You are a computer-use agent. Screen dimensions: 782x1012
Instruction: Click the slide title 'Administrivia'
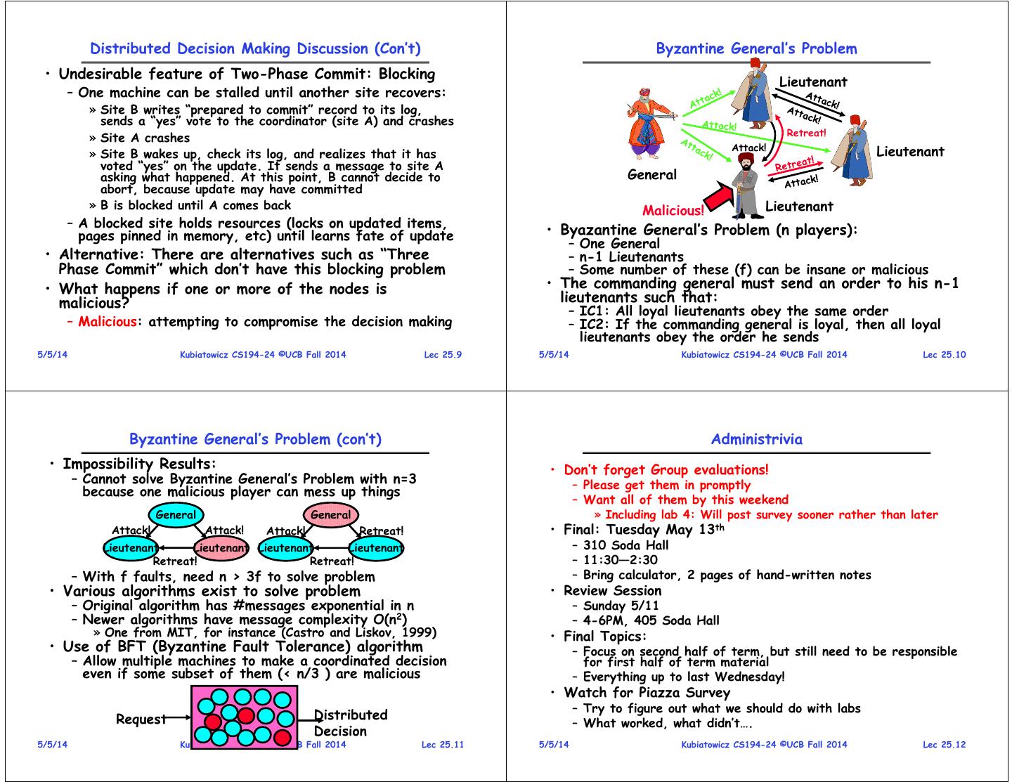[756, 439]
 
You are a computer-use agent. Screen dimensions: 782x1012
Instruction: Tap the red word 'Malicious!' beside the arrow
[673, 210]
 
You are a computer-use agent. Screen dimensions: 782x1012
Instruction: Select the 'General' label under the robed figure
[651, 174]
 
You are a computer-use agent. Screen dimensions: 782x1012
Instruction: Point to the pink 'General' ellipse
[330, 515]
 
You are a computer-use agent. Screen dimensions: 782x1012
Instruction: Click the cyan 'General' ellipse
[176, 515]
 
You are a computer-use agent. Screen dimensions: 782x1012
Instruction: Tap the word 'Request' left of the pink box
[141, 719]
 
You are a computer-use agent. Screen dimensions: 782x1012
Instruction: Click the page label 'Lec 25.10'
[944, 355]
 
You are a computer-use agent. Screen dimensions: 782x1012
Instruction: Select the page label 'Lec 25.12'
[944, 745]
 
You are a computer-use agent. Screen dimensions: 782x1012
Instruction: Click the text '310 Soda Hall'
[625, 545]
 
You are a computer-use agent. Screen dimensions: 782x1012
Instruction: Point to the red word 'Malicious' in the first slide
[108, 322]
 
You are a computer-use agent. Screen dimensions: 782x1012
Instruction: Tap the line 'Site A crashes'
[145, 138]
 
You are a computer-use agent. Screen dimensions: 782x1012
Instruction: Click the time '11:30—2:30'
[620, 560]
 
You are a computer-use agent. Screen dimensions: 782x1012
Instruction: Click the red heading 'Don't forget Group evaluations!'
[666, 470]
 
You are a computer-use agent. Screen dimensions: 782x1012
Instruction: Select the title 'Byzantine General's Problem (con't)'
[255, 439]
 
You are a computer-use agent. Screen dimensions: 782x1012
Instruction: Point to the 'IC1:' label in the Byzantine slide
[595, 311]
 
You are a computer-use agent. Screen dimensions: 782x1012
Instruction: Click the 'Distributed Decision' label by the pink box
[350, 723]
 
